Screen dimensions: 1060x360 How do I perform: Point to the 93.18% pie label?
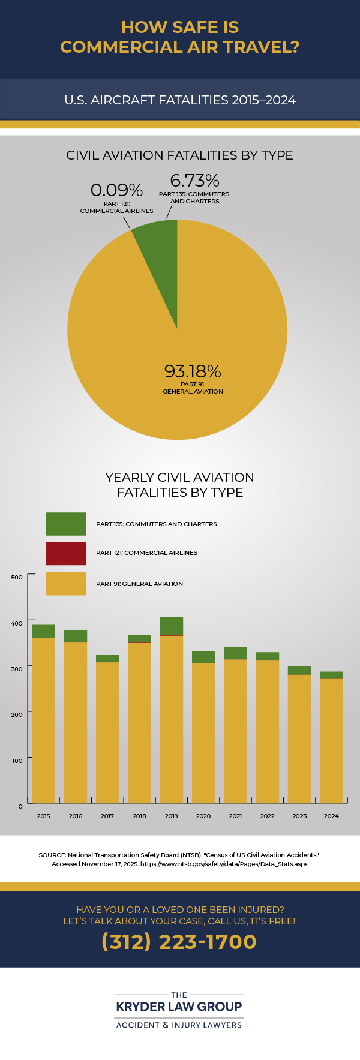point(193,371)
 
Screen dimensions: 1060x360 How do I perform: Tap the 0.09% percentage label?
point(116,190)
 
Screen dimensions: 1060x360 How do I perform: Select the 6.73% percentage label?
point(194,180)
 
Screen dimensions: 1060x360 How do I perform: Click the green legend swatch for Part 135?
point(66,524)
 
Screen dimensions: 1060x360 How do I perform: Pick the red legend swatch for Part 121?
point(66,553)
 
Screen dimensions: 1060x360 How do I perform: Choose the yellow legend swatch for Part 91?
point(66,584)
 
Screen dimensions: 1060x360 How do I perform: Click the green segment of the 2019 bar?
point(172,625)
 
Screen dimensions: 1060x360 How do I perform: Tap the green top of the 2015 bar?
point(43,631)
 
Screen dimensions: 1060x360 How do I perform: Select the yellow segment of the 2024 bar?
point(331,741)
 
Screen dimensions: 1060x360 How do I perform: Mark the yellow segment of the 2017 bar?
point(107,732)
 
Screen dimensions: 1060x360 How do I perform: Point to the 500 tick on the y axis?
point(17,577)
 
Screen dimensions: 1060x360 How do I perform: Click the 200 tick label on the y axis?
point(17,714)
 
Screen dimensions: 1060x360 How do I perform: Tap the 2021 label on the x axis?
point(235,816)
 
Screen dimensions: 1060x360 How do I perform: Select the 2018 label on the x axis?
point(139,816)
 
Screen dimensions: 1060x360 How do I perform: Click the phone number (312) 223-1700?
point(179,941)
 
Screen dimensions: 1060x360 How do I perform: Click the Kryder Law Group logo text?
point(179,1007)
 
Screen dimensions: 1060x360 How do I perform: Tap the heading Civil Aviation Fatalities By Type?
point(179,155)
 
